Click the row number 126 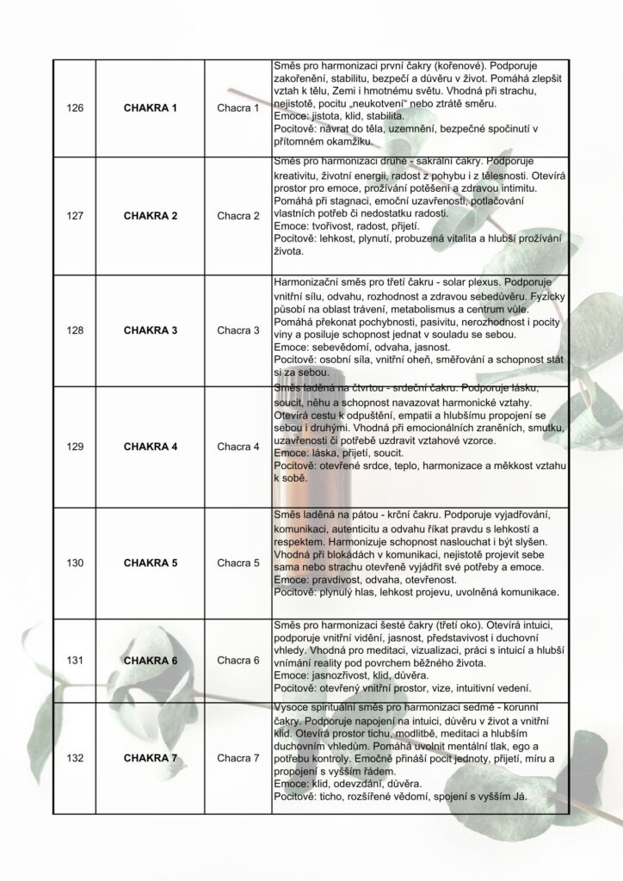point(75,108)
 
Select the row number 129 point(75,447)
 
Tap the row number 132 point(75,758)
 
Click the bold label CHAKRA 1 point(150,108)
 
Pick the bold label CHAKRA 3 point(150,330)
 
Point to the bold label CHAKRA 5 point(150,563)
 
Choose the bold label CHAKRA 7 point(150,758)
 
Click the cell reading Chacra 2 point(237,215)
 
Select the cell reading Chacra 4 point(237,447)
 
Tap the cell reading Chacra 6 point(237,660)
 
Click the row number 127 point(75,215)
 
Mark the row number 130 point(75,563)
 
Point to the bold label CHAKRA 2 point(150,215)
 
